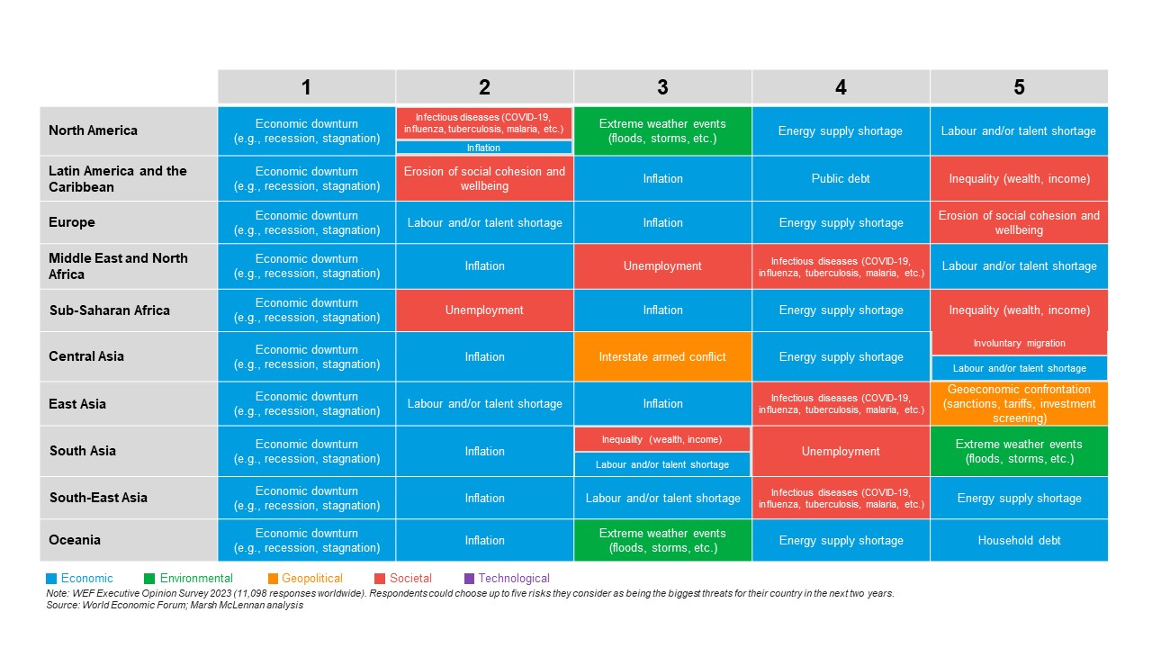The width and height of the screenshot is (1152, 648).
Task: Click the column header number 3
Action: [662, 87]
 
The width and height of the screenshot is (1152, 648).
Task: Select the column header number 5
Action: [1019, 87]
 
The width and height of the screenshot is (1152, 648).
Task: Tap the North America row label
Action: [94, 130]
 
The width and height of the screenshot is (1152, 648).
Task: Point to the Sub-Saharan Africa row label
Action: [110, 310]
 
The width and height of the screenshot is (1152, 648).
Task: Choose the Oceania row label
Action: [75, 540]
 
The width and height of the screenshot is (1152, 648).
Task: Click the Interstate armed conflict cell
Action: [662, 357]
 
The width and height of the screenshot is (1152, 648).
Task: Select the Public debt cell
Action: [841, 178]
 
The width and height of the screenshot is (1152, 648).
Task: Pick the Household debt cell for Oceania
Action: [1019, 540]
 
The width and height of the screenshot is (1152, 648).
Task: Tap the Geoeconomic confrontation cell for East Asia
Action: [1019, 403]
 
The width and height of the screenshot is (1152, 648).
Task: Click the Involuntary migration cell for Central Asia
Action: [1019, 343]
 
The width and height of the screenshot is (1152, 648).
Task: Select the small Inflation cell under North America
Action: [484, 148]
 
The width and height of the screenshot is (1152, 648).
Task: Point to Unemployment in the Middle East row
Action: [662, 266]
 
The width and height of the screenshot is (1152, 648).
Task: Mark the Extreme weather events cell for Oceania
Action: [662, 540]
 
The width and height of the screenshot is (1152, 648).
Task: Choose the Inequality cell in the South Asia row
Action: [661, 438]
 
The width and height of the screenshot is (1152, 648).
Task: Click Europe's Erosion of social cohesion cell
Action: [1019, 222]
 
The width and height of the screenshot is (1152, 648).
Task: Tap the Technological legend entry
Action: [513, 579]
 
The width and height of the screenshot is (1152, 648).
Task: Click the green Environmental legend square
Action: [148, 579]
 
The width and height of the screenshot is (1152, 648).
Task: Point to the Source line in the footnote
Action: [175, 606]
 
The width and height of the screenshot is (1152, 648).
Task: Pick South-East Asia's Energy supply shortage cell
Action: [1019, 498]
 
